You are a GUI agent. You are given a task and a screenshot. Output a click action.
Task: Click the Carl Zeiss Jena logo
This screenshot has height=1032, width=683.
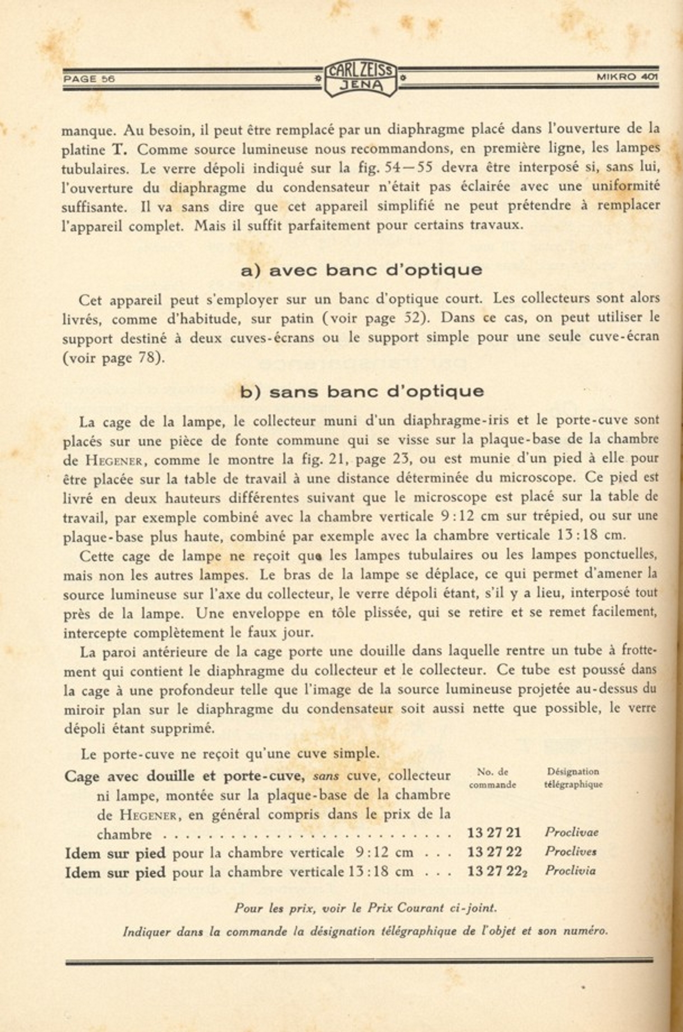(362, 78)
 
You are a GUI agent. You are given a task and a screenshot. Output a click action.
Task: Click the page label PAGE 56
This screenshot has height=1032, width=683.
(89, 79)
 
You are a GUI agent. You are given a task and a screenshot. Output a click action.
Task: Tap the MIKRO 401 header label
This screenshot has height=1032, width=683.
(627, 77)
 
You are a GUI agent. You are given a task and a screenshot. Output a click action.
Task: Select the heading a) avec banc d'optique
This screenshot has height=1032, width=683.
(361, 270)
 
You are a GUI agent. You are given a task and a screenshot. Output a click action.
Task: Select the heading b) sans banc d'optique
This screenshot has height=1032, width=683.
(362, 391)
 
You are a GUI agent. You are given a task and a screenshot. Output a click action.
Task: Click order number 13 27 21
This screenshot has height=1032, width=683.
(493, 833)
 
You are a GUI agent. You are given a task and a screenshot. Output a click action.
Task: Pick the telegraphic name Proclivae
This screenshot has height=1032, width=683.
(571, 832)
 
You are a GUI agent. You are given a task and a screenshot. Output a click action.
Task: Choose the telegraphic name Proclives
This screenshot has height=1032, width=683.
(570, 851)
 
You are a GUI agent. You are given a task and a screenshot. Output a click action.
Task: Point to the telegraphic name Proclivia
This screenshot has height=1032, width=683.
(570, 871)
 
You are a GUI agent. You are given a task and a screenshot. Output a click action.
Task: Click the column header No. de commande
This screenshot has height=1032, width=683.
(492, 778)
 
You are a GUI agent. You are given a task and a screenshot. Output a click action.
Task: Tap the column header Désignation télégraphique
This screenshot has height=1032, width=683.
(573, 778)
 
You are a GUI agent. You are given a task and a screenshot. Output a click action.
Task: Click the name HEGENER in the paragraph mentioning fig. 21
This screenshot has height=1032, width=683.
(117, 461)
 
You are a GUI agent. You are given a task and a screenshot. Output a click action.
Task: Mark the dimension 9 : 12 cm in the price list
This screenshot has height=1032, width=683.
(384, 853)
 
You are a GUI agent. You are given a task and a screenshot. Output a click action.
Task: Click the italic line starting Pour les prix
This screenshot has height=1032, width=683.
(365, 908)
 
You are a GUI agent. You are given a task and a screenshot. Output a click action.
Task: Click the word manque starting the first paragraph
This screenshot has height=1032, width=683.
(88, 131)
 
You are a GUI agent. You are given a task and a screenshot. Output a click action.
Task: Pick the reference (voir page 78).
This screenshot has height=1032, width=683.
(114, 358)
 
